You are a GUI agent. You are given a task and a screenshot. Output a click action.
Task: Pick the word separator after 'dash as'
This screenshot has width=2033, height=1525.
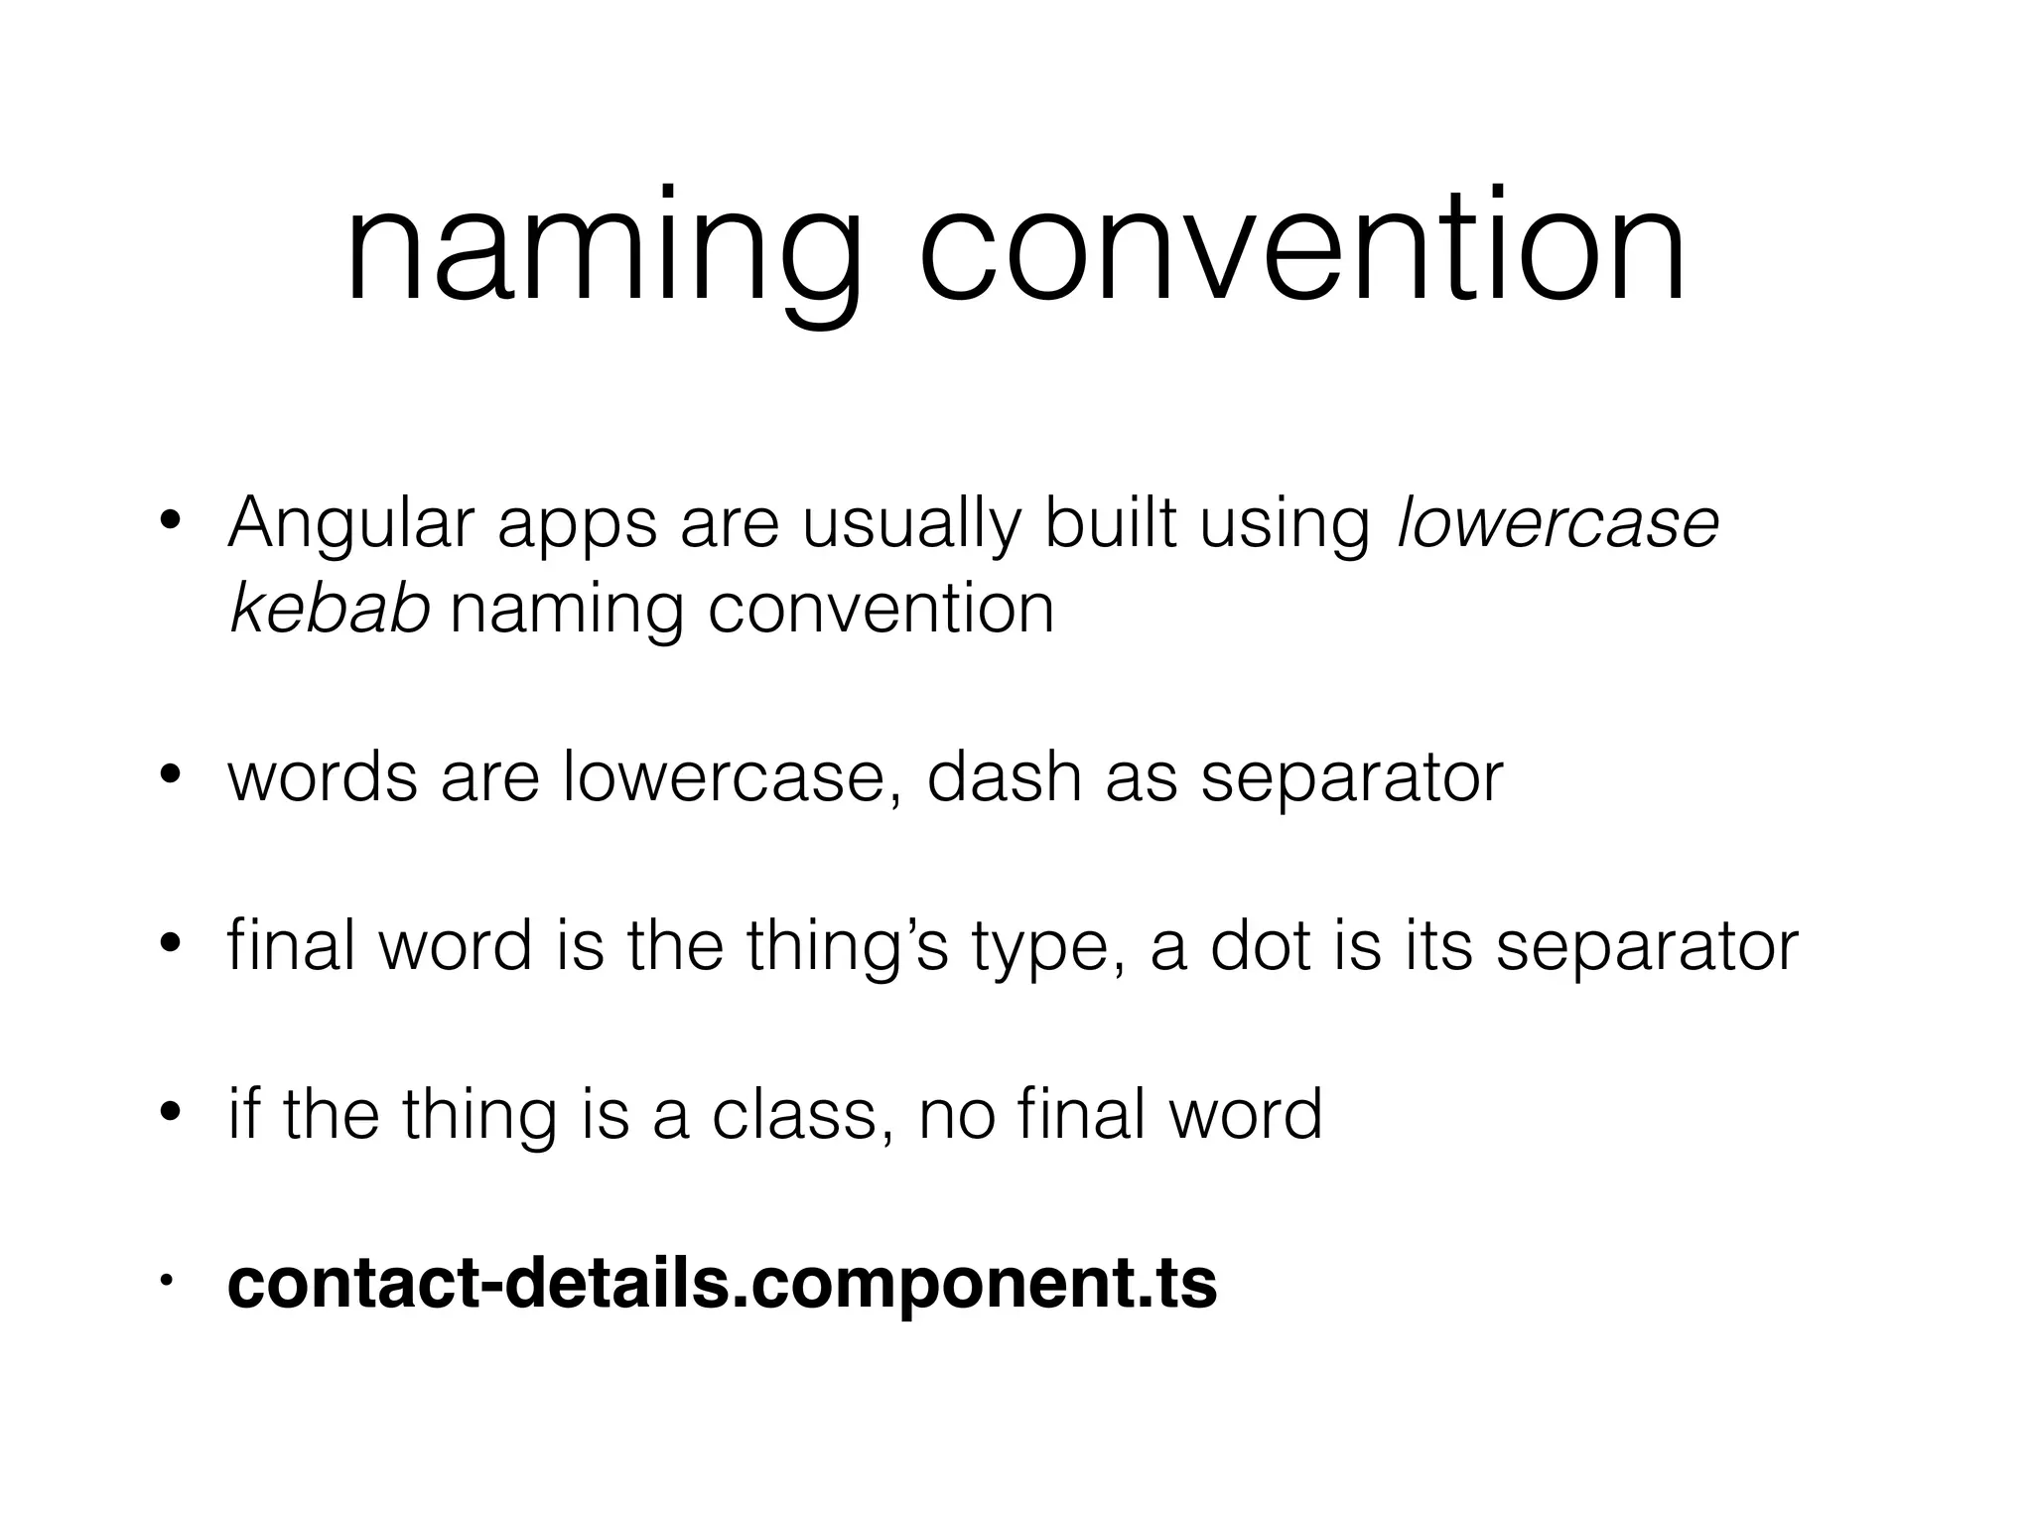(1352, 780)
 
